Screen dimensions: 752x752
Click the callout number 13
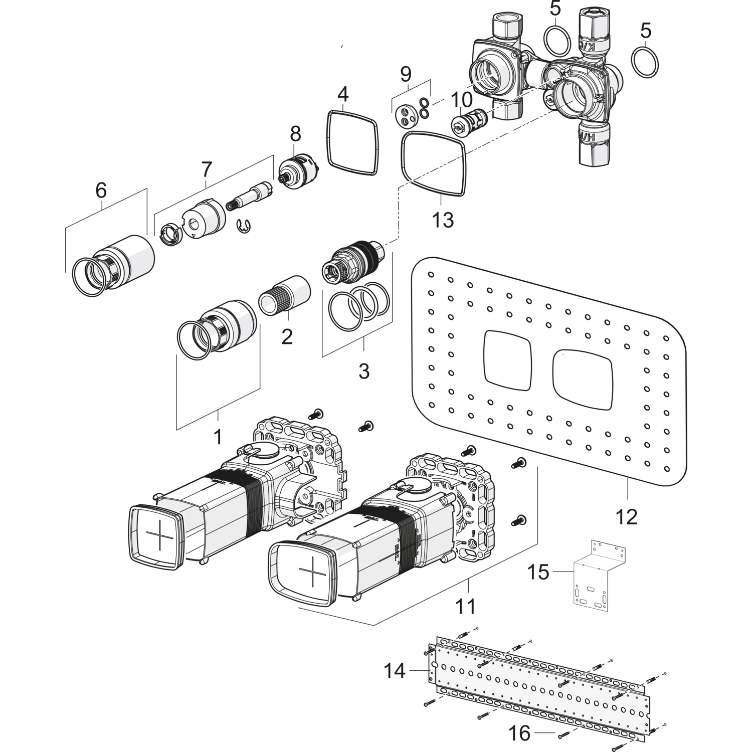click(443, 220)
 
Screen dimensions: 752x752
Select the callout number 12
click(627, 516)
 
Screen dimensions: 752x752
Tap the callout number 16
click(519, 733)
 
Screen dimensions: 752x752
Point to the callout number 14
click(395, 670)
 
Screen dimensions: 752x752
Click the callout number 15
click(538, 572)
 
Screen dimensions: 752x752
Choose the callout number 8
click(295, 134)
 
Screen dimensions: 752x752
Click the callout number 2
click(287, 336)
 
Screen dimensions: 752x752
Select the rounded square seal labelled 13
click(434, 163)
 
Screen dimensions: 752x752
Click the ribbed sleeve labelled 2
click(284, 296)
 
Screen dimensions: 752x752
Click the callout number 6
click(101, 191)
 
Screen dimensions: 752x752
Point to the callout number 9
click(406, 74)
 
